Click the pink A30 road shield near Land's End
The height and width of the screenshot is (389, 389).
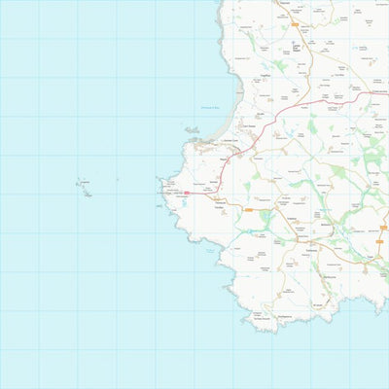tap(187, 194)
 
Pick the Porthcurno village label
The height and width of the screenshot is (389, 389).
tap(288, 282)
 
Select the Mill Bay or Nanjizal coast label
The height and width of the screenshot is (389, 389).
tap(210, 251)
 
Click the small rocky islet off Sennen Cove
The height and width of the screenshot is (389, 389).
tap(192, 129)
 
